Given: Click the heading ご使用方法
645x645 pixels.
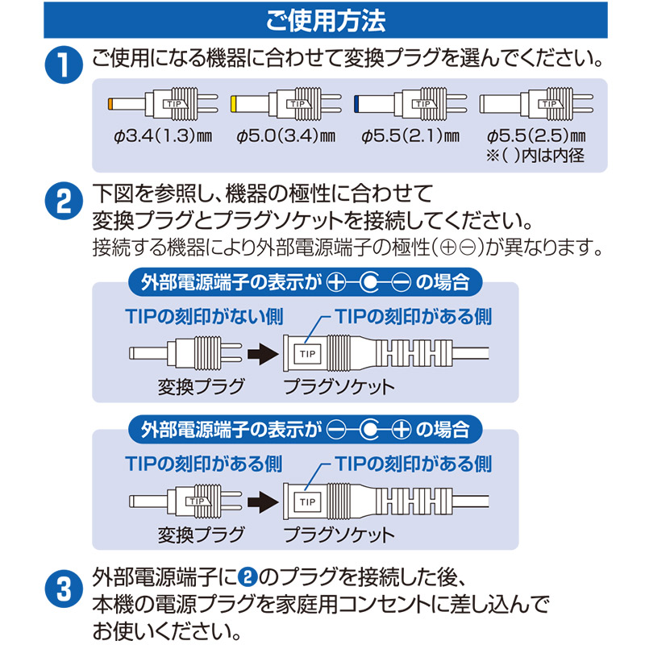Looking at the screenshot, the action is click(x=326, y=21).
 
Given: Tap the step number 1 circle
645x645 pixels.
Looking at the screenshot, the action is click(x=64, y=64).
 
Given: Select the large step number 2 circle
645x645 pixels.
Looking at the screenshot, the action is click(x=64, y=200).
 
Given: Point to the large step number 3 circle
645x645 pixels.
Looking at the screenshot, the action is click(x=64, y=589).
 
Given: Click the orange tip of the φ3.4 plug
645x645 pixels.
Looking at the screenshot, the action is click(x=110, y=103).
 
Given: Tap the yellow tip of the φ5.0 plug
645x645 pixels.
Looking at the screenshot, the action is click(x=233, y=103).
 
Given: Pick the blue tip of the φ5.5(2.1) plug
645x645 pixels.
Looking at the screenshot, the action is click(x=356, y=103).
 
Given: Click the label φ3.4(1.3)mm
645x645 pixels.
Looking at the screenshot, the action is click(x=163, y=135).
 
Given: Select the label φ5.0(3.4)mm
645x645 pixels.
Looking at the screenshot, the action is click(x=286, y=135).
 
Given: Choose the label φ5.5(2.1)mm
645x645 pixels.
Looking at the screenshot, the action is click(x=410, y=135).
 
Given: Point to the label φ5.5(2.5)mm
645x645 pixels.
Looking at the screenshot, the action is click(x=536, y=135).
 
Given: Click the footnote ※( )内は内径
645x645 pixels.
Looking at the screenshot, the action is click(x=535, y=156).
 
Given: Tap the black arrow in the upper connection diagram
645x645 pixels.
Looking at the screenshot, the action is click(x=263, y=354).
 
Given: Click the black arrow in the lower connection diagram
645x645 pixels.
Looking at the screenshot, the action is click(x=263, y=501).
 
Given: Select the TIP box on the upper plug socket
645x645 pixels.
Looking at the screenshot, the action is click(x=307, y=354).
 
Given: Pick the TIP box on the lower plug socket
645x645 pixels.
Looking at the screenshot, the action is click(x=307, y=501).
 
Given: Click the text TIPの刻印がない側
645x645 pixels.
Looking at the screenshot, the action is click(x=205, y=317).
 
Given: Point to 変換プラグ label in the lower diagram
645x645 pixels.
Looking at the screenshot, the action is click(x=201, y=535).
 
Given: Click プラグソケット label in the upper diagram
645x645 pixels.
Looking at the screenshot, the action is click(x=339, y=387).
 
